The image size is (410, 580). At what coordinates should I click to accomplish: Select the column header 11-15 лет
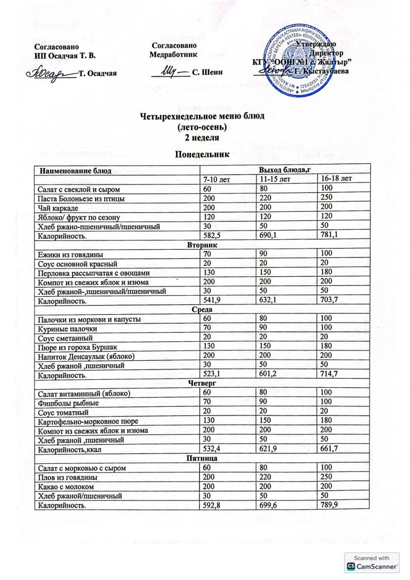click(275, 179)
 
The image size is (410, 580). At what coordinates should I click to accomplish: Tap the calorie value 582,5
click(212, 235)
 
